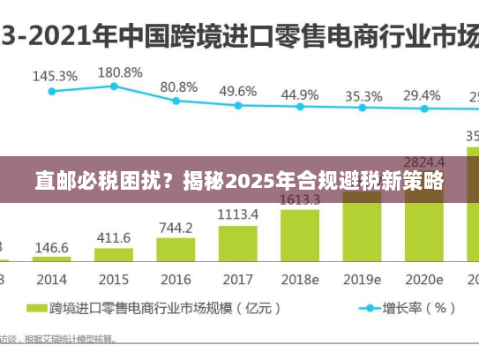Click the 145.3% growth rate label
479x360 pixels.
click(55, 76)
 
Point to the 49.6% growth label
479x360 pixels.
click(238, 91)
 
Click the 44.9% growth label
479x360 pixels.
click(300, 94)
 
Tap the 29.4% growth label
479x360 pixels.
click(422, 95)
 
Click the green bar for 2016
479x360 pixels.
click(176, 251)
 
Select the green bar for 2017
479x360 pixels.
click(237, 243)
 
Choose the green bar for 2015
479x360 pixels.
click(114, 255)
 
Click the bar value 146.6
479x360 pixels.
click(52, 248)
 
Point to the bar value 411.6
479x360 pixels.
click(114, 238)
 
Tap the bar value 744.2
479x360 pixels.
click(176, 229)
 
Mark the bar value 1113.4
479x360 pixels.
click(238, 214)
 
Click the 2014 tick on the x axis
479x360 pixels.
click(52, 279)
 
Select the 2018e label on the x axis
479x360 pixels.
click(300, 279)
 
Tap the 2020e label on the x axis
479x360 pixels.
click(423, 279)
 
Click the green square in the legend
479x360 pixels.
click(36, 309)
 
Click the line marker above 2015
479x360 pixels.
click(114, 86)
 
